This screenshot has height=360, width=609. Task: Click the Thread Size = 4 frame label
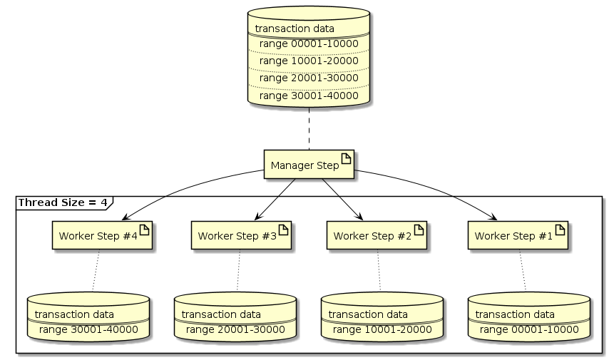pyautogui.click(x=62, y=202)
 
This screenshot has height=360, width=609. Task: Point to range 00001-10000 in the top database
pyautogui.click(x=308, y=43)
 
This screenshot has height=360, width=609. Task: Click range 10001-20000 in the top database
pyautogui.click(x=308, y=61)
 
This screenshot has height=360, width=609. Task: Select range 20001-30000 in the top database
pyautogui.click(x=308, y=78)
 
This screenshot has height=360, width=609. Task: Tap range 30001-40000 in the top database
pyautogui.click(x=308, y=95)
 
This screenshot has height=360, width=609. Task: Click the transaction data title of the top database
pyautogui.click(x=295, y=29)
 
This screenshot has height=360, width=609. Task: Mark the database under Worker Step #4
pyautogui.click(x=88, y=317)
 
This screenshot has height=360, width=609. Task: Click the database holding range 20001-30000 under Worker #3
pyautogui.click(x=235, y=317)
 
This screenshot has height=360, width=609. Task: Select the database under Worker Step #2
pyautogui.click(x=382, y=317)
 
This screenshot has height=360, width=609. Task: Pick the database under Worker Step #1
pyautogui.click(x=529, y=317)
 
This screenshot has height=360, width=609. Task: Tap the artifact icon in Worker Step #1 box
pyautogui.click(x=561, y=231)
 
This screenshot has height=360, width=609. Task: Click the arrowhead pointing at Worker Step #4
pyautogui.click(x=126, y=218)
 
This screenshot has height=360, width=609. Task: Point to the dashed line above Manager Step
pyautogui.click(x=309, y=129)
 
